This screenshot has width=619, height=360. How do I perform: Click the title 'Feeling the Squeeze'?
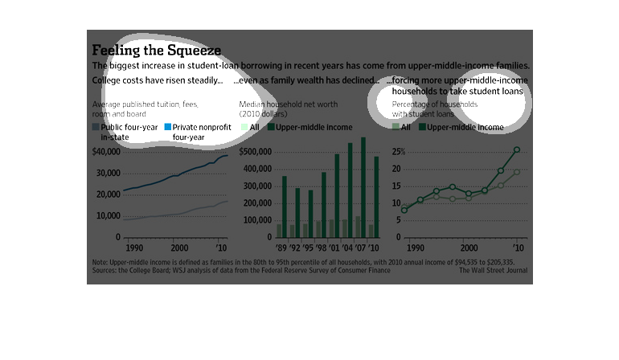(156, 50)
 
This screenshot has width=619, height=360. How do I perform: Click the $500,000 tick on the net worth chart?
(253, 151)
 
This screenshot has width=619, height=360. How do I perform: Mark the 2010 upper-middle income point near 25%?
(517, 149)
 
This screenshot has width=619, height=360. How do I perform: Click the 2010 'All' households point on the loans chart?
(517, 172)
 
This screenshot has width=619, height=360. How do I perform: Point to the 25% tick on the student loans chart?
(396, 151)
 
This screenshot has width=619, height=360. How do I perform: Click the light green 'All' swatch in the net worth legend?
(244, 128)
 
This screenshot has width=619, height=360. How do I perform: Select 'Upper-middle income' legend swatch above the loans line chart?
(421, 128)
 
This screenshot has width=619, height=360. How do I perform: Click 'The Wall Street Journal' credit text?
(493, 271)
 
